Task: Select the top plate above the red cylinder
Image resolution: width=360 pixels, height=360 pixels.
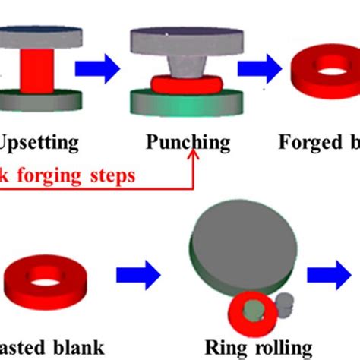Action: coord(38,36)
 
